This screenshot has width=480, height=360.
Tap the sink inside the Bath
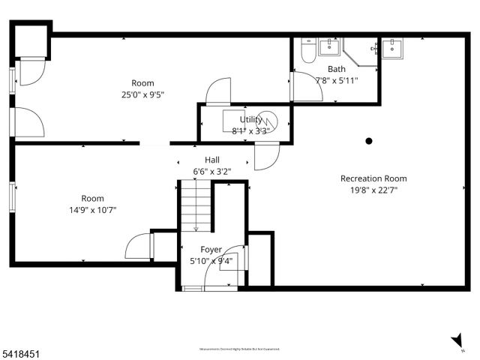pyautogui.click(x=328, y=47)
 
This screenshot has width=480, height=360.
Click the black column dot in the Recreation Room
pyautogui.click(x=368, y=140)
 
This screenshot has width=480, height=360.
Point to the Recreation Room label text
pyautogui.click(x=373, y=178)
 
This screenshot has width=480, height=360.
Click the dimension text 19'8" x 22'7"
pyautogui.click(x=373, y=190)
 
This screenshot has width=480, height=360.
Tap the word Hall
pyautogui.click(x=212, y=160)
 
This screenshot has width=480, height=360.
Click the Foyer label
pyautogui.click(x=211, y=250)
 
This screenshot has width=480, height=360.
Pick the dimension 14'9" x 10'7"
pyautogui.click(x=92, y=210)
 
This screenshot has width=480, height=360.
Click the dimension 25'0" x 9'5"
pyautogui.click(x=142, y=94)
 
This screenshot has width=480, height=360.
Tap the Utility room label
pyautogui.click(x=250, y=119)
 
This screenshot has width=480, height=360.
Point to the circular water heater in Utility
pyautogui.click(x=268, y=121)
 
